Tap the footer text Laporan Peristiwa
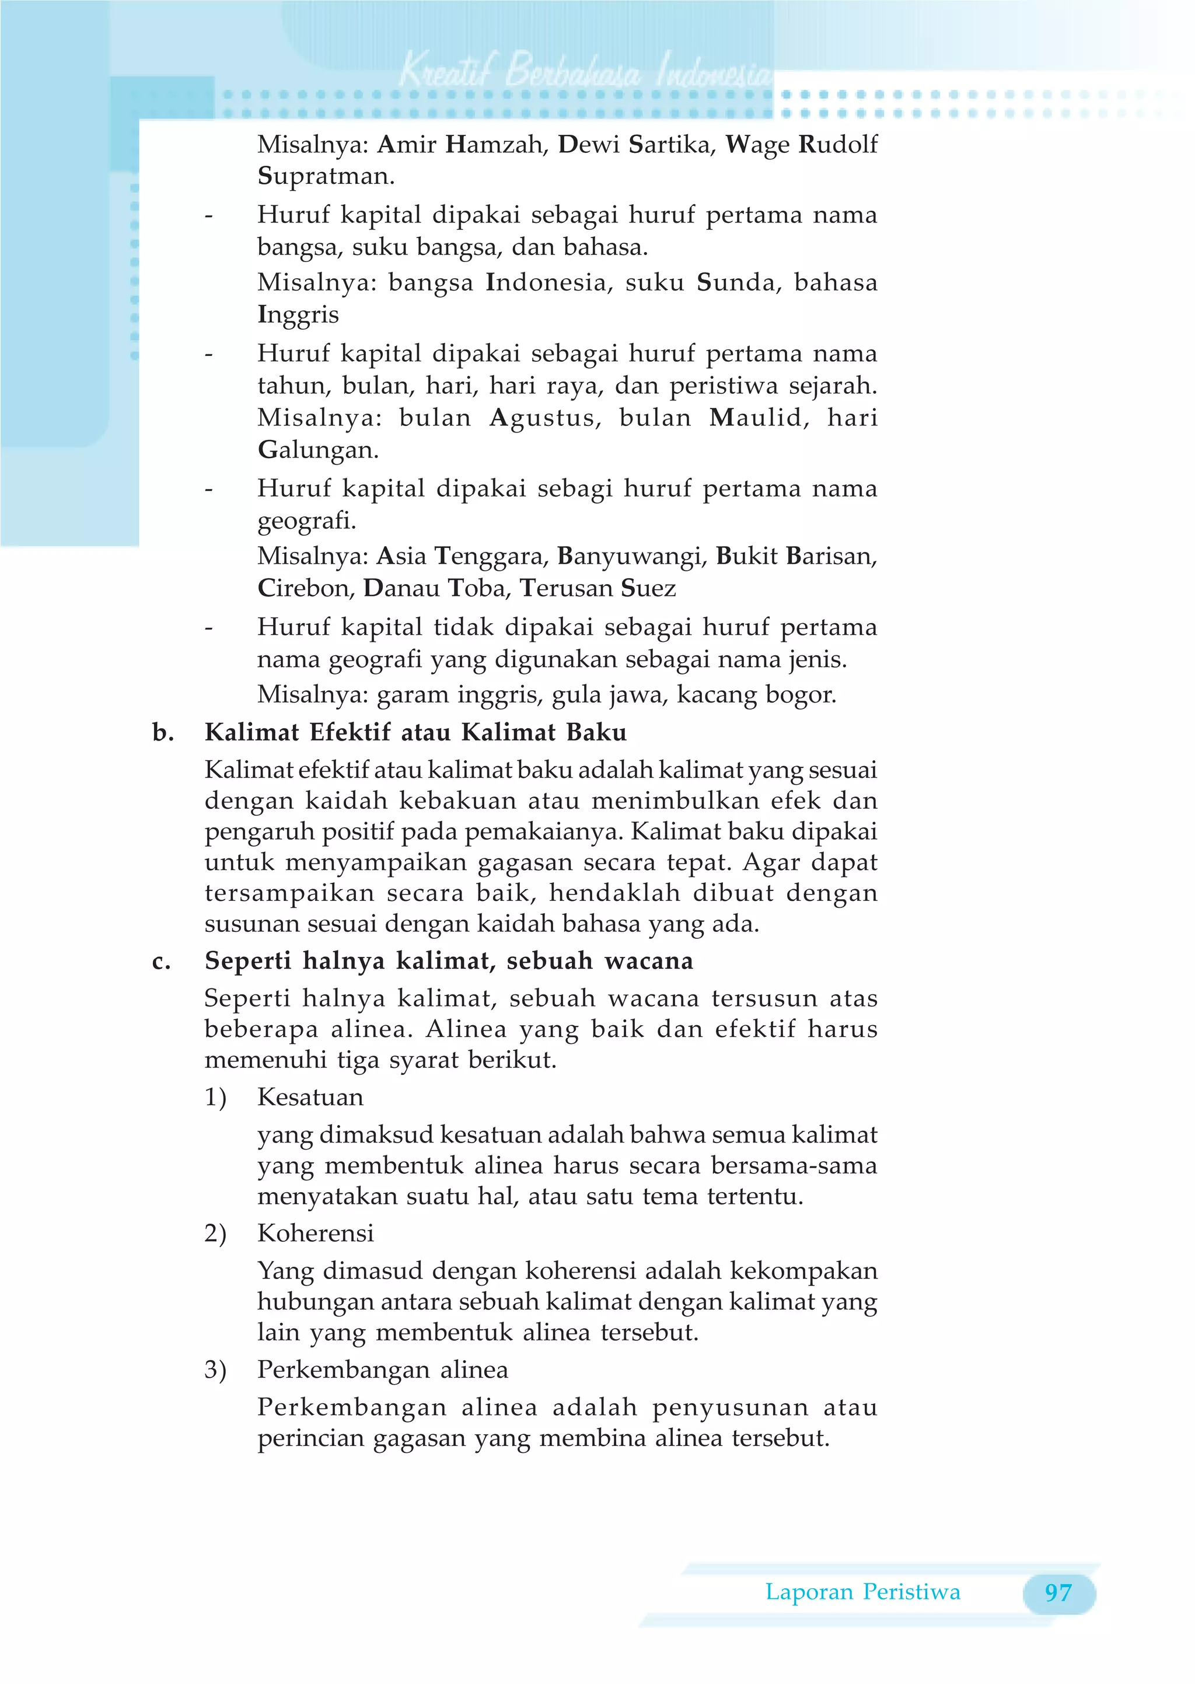click(862, 1592)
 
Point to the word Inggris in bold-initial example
click(298, 315)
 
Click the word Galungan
click(317, 449)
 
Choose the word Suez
click(648, 589)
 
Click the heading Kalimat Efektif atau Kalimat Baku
click(416, 733)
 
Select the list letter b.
click(163, 733)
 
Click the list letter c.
click(161, 962)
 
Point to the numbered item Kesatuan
click(310, 1097)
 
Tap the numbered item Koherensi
click(316, 1233)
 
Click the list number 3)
click(215, 1370)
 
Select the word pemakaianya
click(543, 832)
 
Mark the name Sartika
click(670, 144)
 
